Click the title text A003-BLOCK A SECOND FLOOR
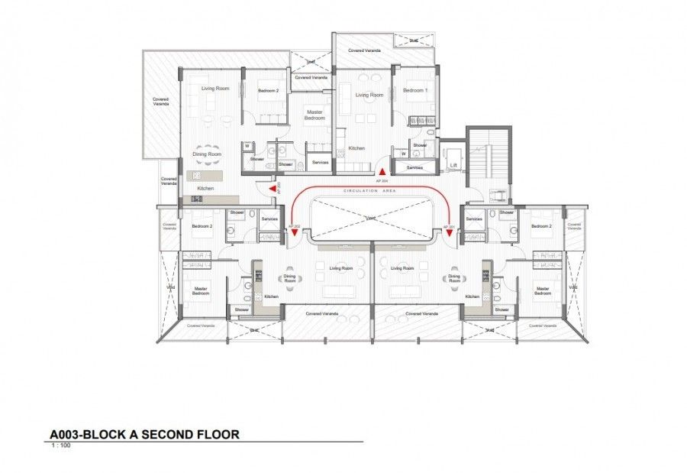tap(144, 434)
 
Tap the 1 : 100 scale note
tap(61, 445)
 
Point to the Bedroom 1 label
tap(414, 91)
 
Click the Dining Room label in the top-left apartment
tap(207, 155)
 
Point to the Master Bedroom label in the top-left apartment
tap(315, 115)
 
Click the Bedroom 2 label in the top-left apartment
tap(268, 91)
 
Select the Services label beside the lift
tap(414, 167)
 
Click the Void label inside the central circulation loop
tap(370, 217)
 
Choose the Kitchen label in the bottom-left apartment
tap(272, 296)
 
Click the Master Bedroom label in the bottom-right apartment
tap(543, 291)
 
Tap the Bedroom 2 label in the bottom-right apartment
tap(541, 226)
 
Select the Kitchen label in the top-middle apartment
tap(356, 148)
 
